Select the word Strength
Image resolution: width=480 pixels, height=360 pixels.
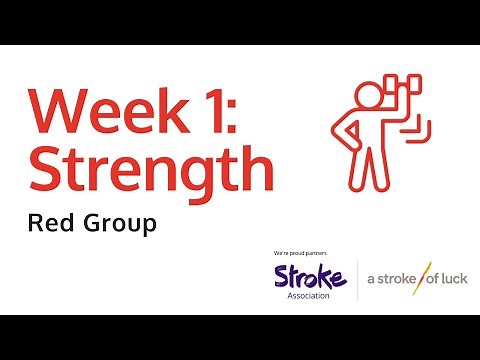pyautogui.click(x=151, y=172)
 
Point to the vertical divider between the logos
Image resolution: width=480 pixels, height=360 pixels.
pyautogui.click(x=357, y=279)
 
